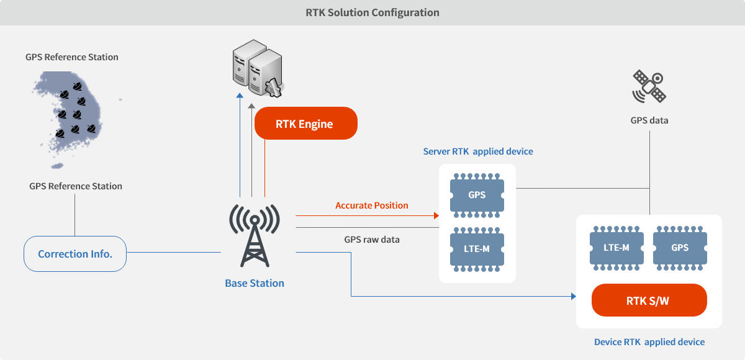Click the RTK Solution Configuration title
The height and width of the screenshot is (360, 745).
[372, 12]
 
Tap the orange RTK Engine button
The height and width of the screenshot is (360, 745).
[306, 124]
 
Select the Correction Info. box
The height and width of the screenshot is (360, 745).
[75, 254]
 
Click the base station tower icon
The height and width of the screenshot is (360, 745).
[255, 235]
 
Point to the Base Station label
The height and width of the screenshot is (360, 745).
[255, 283]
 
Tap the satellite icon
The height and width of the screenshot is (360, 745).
[649, 86]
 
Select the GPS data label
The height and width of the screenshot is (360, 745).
[649, 120]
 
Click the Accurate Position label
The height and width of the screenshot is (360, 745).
[371, 205]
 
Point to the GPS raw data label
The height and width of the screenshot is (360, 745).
[372, 240]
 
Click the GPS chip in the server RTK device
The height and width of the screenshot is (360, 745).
[477, 195]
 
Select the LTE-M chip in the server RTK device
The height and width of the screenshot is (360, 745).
[477, 249]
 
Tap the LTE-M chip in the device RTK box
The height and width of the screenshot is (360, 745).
[616, 248]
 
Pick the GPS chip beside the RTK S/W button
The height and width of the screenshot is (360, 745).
[680, 248]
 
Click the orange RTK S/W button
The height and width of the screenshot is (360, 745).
[649, 300]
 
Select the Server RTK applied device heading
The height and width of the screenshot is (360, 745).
[478, 151]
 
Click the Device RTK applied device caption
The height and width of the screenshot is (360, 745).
[649, 342]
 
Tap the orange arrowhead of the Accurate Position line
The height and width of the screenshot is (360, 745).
[436, 216]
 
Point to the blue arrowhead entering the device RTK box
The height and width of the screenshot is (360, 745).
[574, 296]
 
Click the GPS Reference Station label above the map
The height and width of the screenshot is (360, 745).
[72, 57]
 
